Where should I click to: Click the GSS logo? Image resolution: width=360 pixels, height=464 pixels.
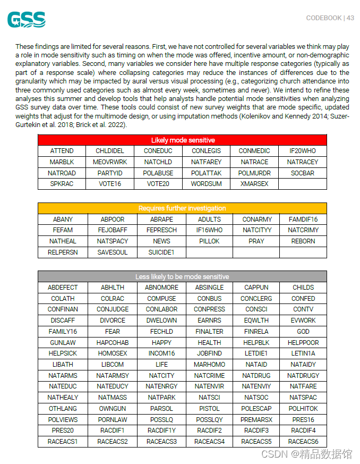26,20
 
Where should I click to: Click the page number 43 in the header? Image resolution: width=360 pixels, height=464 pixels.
350,18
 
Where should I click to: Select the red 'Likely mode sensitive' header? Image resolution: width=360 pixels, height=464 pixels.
182,140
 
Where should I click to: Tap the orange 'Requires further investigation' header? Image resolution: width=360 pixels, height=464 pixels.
182,208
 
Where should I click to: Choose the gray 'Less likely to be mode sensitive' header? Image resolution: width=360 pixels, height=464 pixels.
182,277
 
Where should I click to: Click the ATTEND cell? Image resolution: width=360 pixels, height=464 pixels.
62,151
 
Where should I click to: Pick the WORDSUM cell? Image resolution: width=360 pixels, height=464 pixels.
207,184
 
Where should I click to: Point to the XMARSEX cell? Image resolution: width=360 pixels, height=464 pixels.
254,184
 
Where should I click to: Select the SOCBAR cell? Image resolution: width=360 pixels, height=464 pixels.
303,173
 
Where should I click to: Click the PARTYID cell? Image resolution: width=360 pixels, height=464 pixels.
110,173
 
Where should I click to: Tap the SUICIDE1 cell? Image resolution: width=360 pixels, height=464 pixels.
161,252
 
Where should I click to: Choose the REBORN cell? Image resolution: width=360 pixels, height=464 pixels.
303,241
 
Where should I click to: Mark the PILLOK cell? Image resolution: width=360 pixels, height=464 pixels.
209,241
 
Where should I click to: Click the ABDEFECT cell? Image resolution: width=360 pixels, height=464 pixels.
63,288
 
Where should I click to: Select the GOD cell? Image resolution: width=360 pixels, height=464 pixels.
303,332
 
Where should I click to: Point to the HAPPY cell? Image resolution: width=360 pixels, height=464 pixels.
161,343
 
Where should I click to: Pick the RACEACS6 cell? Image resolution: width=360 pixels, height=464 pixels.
303,442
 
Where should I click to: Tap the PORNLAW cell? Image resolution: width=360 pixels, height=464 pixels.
113,420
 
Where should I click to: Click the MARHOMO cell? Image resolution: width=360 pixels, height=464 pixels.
209,365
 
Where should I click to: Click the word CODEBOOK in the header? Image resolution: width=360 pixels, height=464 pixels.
324,18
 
